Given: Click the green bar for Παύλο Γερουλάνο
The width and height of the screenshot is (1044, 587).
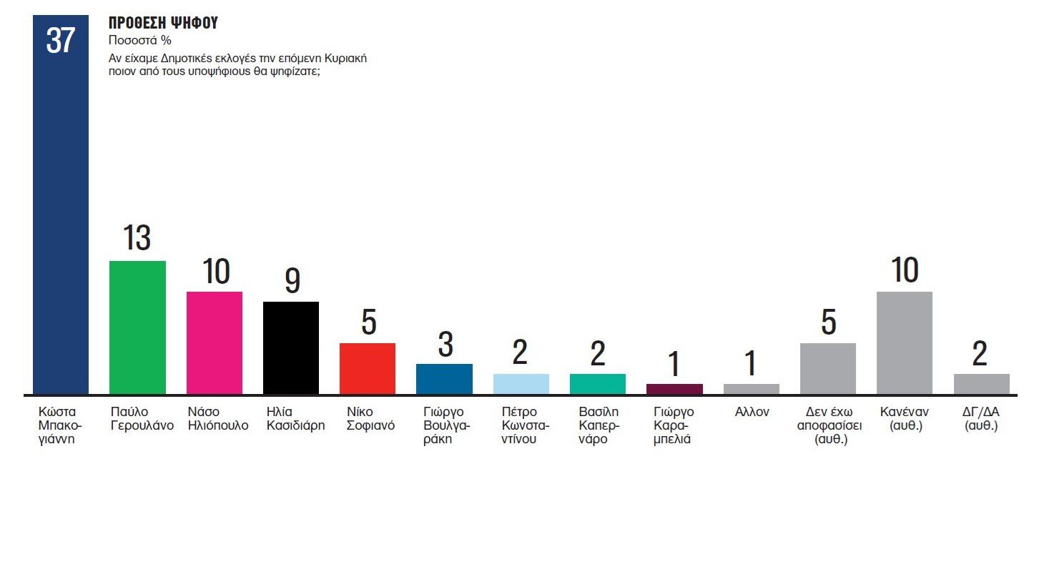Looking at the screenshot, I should click(137, 327).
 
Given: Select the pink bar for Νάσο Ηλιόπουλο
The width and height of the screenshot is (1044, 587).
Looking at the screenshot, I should click(215, 342).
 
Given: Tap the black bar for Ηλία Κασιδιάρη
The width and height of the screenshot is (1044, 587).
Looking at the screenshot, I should click(291, 347).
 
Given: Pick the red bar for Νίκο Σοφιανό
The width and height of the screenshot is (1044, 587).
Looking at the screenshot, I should click(368, 368).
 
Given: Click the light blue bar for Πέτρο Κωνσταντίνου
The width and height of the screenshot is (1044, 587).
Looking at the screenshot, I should click(521, 384).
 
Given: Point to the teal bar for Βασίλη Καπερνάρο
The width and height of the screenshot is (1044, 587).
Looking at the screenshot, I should click(598, 384).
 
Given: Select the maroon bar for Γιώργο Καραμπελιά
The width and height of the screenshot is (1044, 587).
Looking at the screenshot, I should click(674, 389).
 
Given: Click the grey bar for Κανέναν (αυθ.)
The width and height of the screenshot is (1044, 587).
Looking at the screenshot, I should click(905, 342).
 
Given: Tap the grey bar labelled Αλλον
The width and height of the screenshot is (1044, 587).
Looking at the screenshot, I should click(752, 389).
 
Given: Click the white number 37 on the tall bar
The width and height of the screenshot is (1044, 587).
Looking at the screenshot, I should click(61, 41).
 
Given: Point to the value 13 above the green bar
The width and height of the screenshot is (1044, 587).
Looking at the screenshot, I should click(137, 238).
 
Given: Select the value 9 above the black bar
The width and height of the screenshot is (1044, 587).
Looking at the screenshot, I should click(292, 280).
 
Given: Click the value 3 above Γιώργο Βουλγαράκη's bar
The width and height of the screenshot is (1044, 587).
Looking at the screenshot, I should click(445, 345).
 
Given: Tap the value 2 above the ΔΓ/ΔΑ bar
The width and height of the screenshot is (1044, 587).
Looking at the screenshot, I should click(980, 354).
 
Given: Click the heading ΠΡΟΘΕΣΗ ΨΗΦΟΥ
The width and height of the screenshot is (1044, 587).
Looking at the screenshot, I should click(163, 23).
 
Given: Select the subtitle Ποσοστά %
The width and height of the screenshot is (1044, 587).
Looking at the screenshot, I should click(140, 41).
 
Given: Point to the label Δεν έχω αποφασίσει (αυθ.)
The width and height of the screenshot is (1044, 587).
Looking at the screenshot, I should click(829, 425).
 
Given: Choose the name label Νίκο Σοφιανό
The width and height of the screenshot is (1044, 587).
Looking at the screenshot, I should click(370, 418).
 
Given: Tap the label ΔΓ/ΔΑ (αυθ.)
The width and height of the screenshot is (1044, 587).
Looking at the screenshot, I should click(981, 418).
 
